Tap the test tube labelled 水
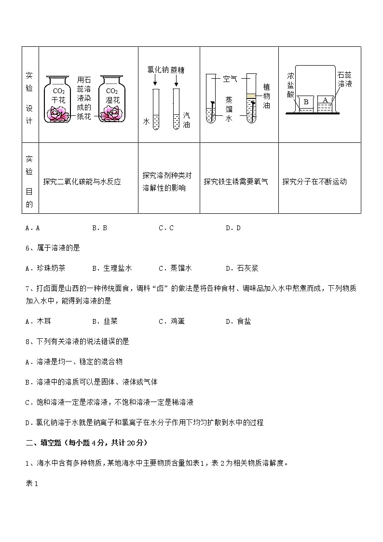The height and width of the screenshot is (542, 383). pyautogui.click(x=155, y=109)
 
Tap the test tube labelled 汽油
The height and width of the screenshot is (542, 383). pyautogui.click(x=176, y=109)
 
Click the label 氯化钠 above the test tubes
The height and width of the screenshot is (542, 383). pyautogui.click(x=155, y=70)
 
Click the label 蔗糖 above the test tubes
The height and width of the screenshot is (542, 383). pyautogui.click(x=178, y=70)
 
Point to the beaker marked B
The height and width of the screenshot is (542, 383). pyautogui.click(x=305, y=103)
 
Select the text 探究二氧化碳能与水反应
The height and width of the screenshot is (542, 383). pyautogui.click(x=82, y=182)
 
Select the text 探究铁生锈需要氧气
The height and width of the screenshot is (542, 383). pyautogui.click(x=236, y=182)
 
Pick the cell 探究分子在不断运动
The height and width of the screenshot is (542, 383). pyautogui.click(x=315, y=182)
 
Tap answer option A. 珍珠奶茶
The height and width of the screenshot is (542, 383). pyautogui.click(x=45, y=268)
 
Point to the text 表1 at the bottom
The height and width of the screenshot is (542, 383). pyautogui.click(x=31, y=483)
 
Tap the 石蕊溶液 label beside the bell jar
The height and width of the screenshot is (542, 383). pyautogui.click(x=344, y=79)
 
